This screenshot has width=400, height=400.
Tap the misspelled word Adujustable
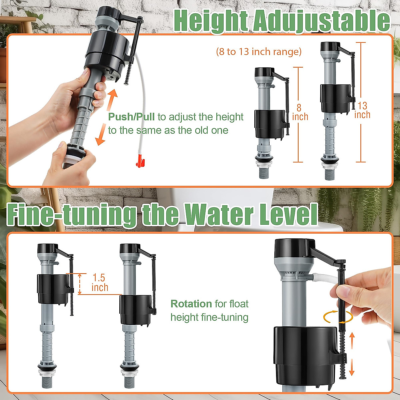[321, 21]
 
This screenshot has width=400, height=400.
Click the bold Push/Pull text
[131, 117]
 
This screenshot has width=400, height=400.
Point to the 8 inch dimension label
[300, 112]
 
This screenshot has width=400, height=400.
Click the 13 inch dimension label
[362, 110]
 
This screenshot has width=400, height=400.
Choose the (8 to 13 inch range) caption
[259, 52]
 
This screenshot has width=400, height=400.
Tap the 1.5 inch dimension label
[100, 282]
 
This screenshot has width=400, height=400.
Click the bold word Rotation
[191, 304]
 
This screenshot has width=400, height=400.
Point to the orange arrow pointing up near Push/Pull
[113, 99]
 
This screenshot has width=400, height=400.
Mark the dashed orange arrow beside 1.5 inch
[79, 284]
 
